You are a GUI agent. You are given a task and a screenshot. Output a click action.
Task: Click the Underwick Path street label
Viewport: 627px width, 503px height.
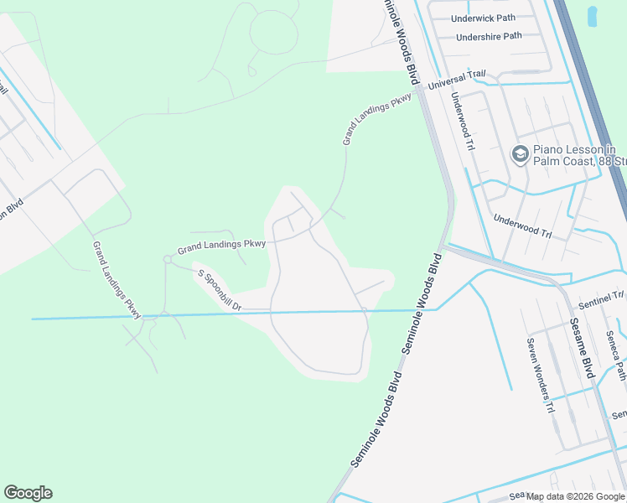pos(482,18)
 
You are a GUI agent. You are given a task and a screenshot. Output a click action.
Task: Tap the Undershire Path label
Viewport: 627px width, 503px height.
pos(489,36)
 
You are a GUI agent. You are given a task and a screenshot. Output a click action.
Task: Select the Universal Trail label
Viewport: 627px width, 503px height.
pos(457,80)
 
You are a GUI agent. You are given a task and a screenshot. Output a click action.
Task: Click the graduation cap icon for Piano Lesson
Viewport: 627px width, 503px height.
pos(520,155)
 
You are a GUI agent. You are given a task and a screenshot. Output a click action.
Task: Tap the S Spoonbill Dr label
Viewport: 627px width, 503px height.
pos(219,289)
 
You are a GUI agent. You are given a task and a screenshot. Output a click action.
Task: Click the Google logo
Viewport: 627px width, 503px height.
pos(28,493)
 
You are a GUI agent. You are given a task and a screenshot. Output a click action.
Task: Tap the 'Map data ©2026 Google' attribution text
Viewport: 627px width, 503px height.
pos(575,496)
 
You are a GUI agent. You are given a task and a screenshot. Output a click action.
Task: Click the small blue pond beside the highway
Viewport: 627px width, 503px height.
pos(593,15)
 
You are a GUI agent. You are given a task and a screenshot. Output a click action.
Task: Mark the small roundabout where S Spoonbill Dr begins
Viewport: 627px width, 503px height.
pos(168,260)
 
